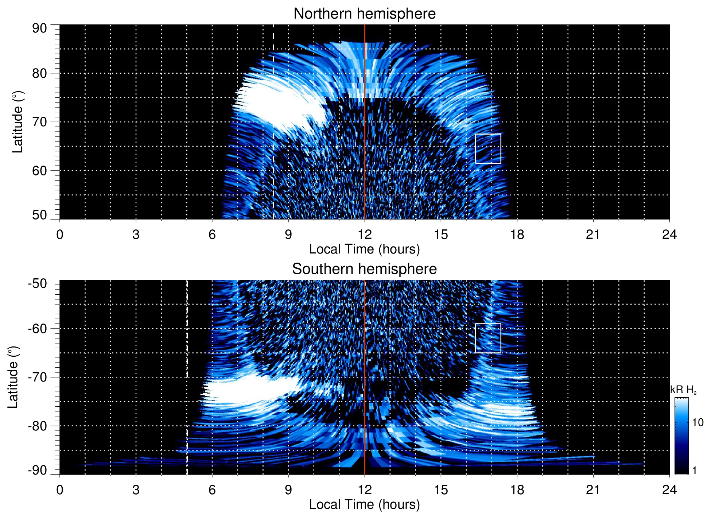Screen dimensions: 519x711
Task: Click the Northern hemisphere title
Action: tap(364, 14)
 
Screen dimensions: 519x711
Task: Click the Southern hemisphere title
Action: tap(364, 269)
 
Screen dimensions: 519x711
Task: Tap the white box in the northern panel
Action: tap(488, 148)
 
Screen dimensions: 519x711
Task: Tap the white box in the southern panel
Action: tap(488, 338)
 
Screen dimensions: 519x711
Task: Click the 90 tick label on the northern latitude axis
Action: tap(40, 28)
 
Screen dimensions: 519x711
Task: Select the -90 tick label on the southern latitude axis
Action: tap(38, 470)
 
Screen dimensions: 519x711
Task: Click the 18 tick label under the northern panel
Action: tap(517, 235)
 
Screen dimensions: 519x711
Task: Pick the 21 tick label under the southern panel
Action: tap(593, 490)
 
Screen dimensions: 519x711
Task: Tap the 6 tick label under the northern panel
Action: tap(212, 235)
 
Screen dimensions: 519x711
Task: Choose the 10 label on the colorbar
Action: tap(698, 423)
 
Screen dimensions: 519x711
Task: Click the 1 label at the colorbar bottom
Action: tap(694, 470)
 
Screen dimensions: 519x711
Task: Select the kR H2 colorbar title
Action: tap(683, 390)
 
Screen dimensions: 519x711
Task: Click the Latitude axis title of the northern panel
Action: tap(18, 122)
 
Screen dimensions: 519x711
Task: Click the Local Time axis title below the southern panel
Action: tap(364, 504)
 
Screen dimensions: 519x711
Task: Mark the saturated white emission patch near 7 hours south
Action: tap(248, 390)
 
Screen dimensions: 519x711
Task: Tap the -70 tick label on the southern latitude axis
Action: tap(38, 377)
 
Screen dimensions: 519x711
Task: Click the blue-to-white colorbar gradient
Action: tap(681, 436)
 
